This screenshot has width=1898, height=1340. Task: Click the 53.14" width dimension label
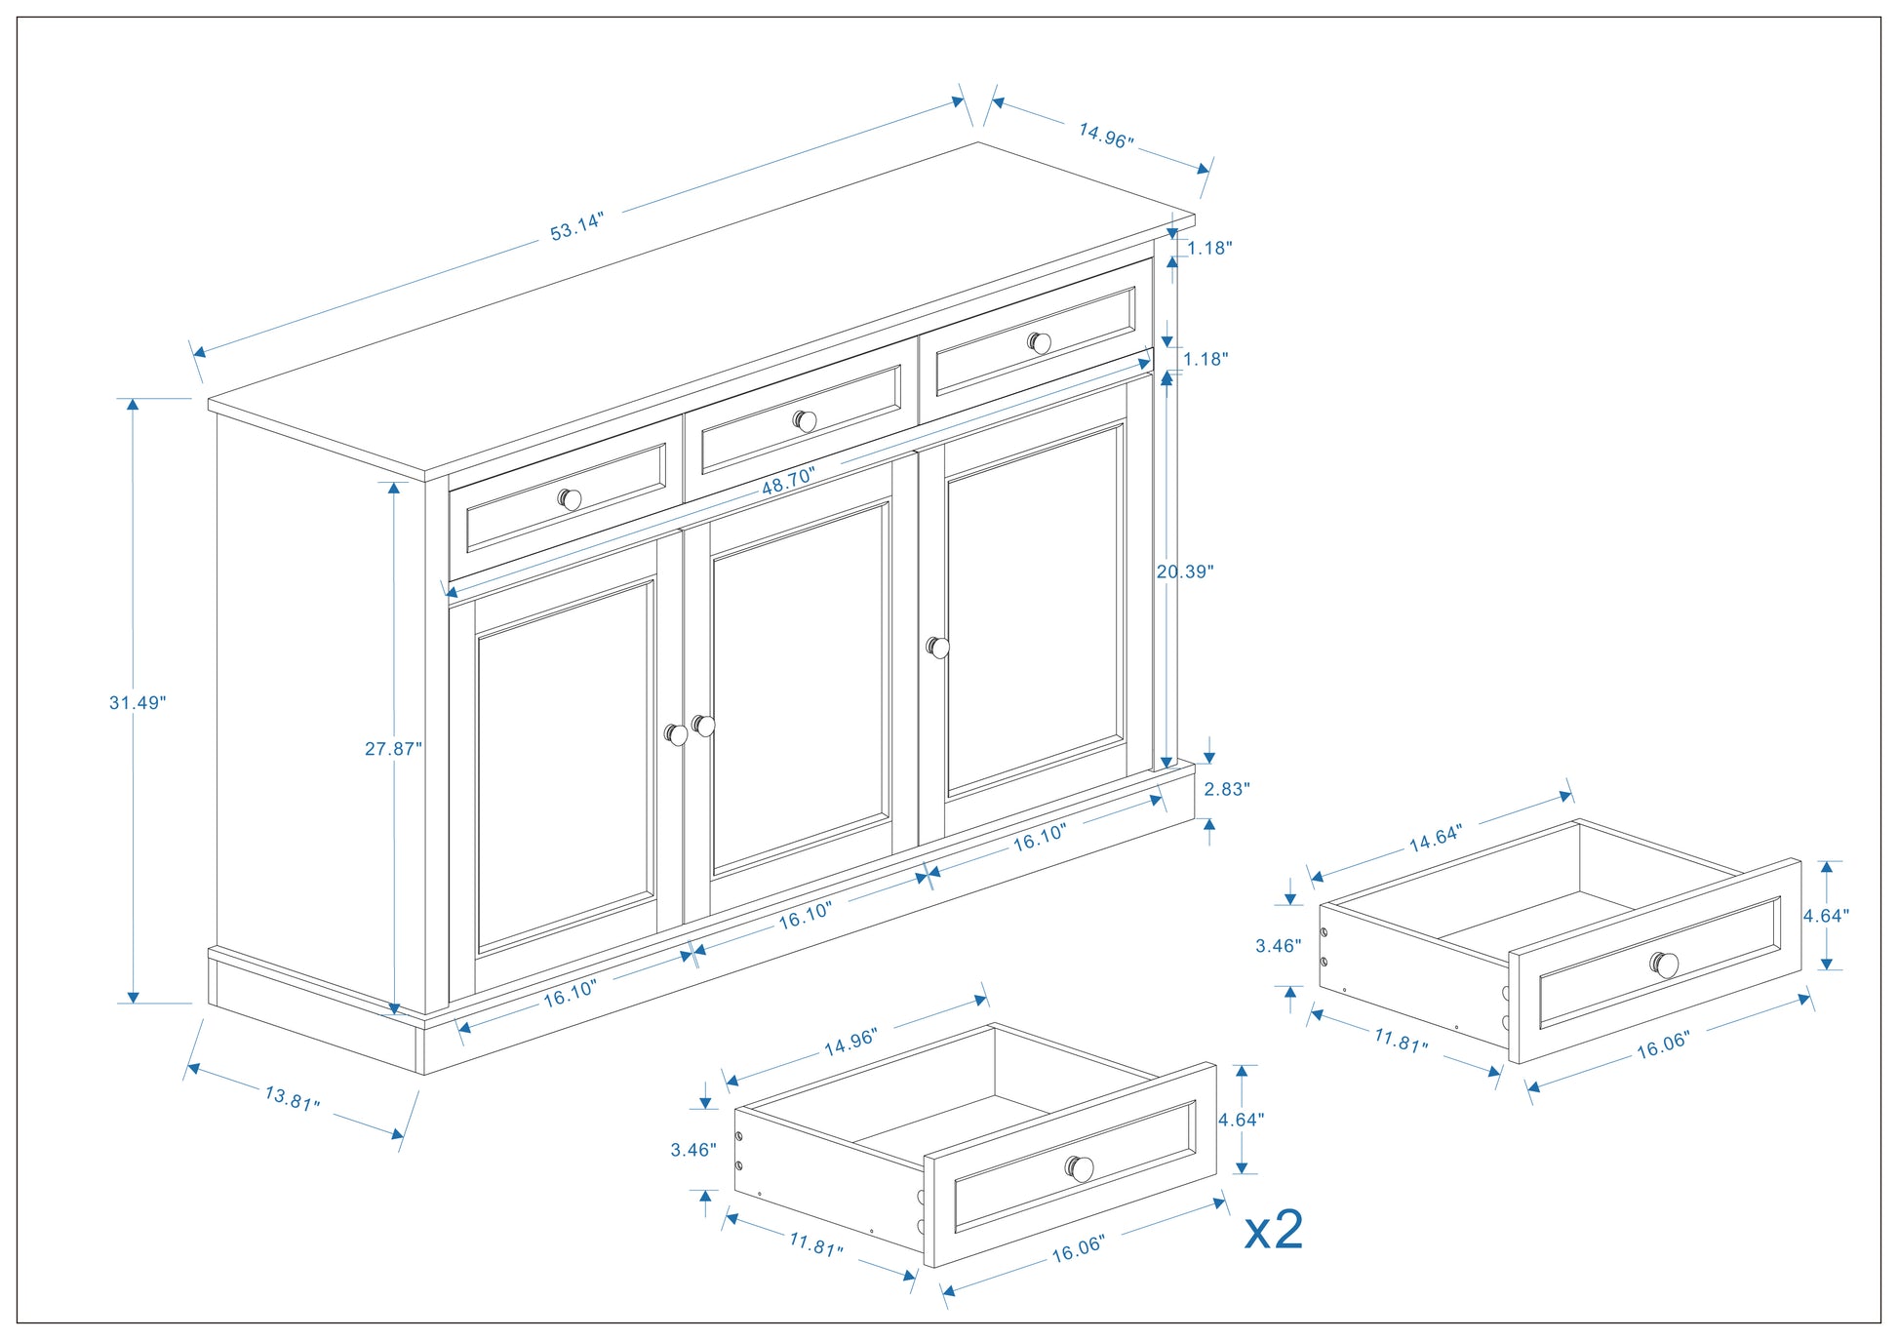(x=576, y=226)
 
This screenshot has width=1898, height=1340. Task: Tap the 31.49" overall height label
(x=138, y=702)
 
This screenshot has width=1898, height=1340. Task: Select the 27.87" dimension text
(x=393, y=749)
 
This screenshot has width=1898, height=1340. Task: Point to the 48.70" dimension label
(x=788, y=480)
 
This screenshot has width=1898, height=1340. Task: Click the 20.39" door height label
(x=1184, y=572)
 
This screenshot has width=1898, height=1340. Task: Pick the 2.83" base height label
(x=1226, y=789)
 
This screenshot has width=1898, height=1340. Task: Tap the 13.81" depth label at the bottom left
(x=292, y=1098)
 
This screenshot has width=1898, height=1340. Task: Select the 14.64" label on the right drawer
(x=1435, y=838)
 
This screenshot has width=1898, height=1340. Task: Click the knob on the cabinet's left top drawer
(x=570, y=499)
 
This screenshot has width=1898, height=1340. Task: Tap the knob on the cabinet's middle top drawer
(x=805, y=421)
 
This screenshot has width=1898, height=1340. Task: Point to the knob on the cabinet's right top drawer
(x=1040, y=343)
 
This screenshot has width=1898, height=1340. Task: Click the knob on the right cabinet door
(x=938, y=648)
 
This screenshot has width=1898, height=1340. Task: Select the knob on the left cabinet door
(x=676, y=734)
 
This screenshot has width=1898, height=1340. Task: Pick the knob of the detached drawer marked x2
(x=1079, y=1168)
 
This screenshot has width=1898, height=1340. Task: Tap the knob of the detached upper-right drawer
(x=1664, y=965)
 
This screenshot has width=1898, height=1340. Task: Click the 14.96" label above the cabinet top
(x=1105, y=136)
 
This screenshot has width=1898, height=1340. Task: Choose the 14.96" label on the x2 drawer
(x=850, y=1042)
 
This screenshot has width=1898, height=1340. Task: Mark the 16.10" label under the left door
(x=570, y=992)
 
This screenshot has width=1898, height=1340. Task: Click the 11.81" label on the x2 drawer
(x=815, y=1245)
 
